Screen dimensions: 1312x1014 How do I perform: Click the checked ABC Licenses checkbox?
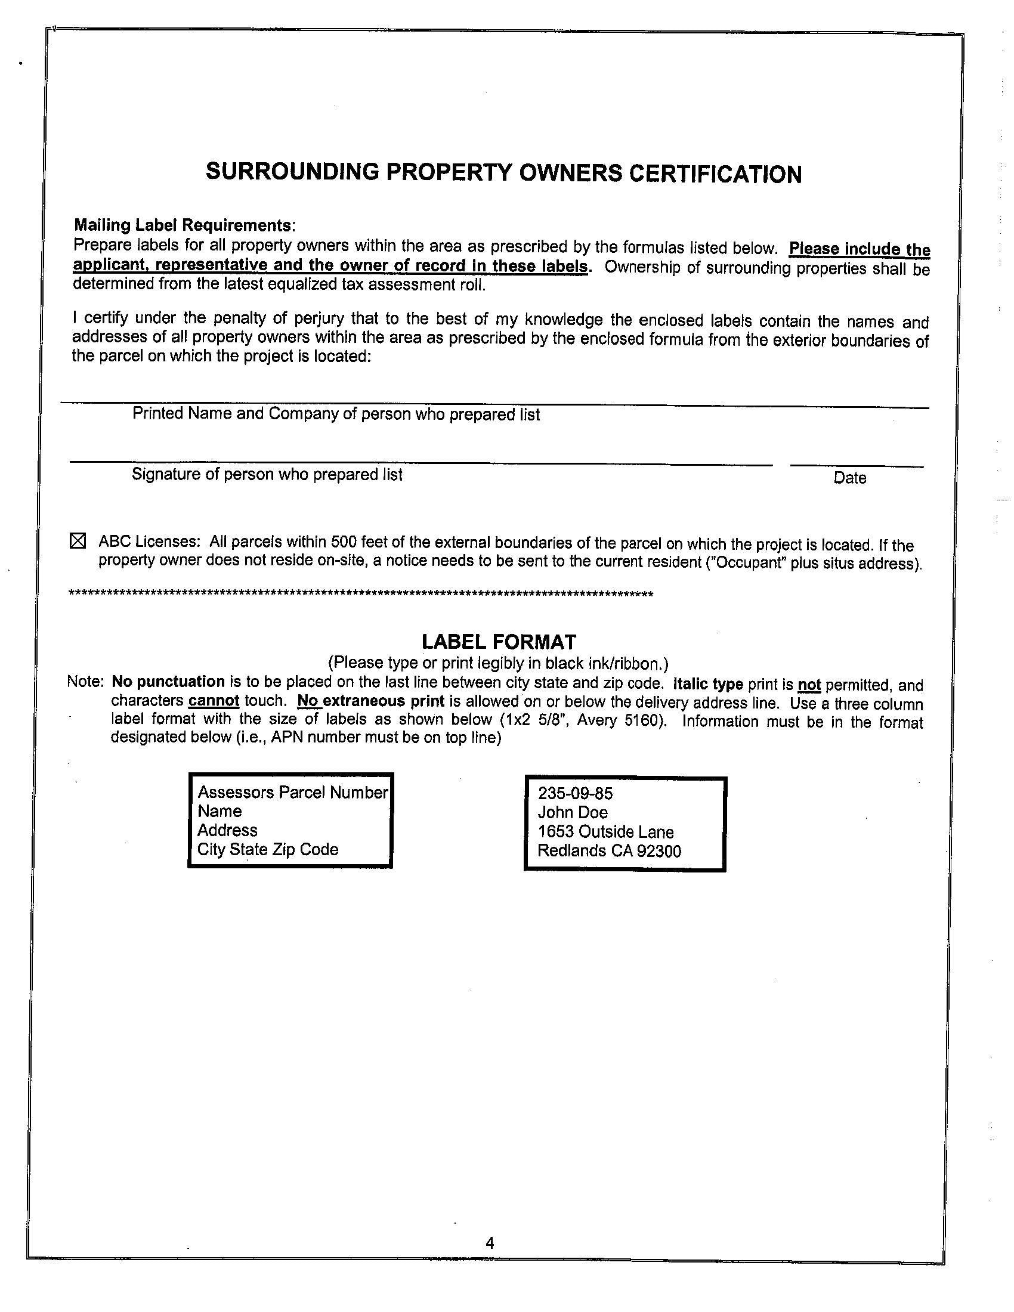pyautogui.click(x=78, y=541)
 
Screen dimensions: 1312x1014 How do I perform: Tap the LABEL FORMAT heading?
pyautogui.click(x=499, y=642)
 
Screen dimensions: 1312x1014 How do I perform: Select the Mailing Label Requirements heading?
pyautogui.click(x=184, y=225)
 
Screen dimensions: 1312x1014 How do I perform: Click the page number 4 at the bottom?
pyautogui.click(x=490, y=1243)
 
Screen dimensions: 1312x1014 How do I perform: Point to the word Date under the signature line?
pyautogui.click(x=849, y=478)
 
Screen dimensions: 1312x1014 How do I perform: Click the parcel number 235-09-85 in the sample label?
pyautogui.click(x=575, y=794)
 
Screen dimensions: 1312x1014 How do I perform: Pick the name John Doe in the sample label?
pyautogui.click(x=573, y=813)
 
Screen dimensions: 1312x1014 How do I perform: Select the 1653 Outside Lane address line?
pyautogui.click(x=605, y=832)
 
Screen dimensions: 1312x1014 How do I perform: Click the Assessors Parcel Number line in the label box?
pyautogui.click(x=292, y=793)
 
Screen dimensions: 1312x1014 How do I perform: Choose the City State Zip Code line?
pyautogui.click(x=268, y=849)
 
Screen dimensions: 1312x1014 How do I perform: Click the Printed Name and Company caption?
pyautogui.click(x=336, y=414)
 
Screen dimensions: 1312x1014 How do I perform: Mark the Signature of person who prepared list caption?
pyautogui.click(x=267, y=475)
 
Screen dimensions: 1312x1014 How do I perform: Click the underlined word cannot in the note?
pyautogui.click(x=214, y=701)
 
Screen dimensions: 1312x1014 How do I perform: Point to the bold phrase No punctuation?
pyautogui.click(x=168, y=682)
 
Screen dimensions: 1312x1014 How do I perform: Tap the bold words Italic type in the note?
pyautogui.click(x=708, y=684)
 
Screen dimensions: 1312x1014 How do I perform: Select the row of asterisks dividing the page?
pyautogui.click(x=361, y=594)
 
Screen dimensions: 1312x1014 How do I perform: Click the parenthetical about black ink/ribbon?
pyautogui.click(x=498, y=663)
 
